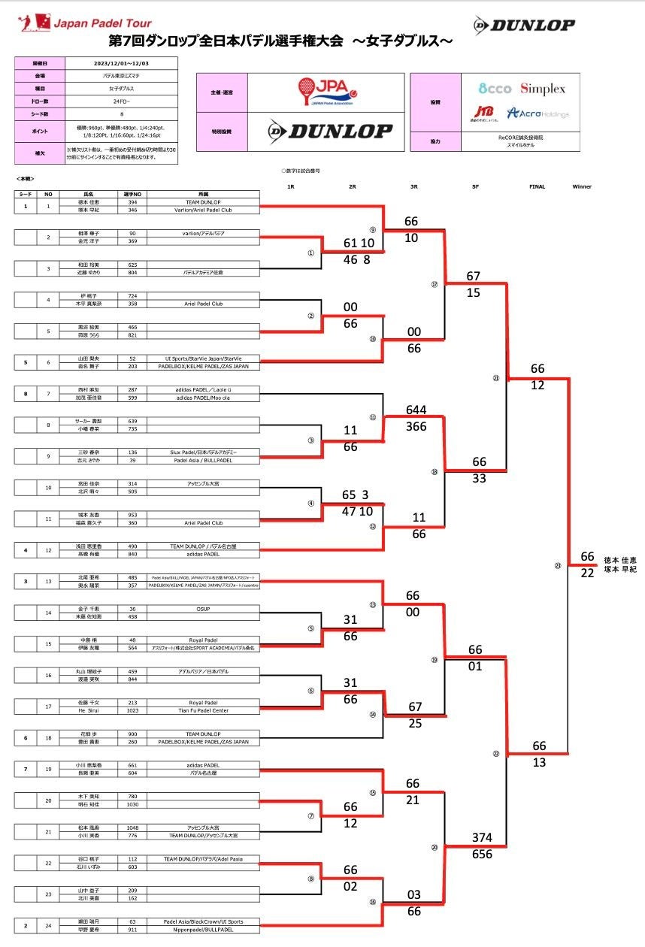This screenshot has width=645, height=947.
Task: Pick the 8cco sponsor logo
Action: pyautogui.click(x=495, y=89)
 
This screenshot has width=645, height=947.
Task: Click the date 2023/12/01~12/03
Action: pyautogui.click(x=121, y=64)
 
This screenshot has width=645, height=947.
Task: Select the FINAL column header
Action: pyautogui.click(x=537, y=186)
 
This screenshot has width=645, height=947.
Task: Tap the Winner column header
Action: pyautogui.click(x=582, y=186)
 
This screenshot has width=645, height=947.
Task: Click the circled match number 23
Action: pyautogui.click(x=558, y=565)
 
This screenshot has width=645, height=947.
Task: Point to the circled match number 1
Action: pyautogui.click(x=310, y=253)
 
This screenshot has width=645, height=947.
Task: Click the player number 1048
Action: pyautogui.click(x=132, y=827)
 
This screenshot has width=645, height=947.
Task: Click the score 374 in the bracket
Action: pyautogui.click(x=482, y=837)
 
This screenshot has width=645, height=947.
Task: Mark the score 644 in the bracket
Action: pyautogui.click(x=415, y=410)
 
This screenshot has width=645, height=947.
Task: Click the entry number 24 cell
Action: pyautogui.click(x=47, y=925)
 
